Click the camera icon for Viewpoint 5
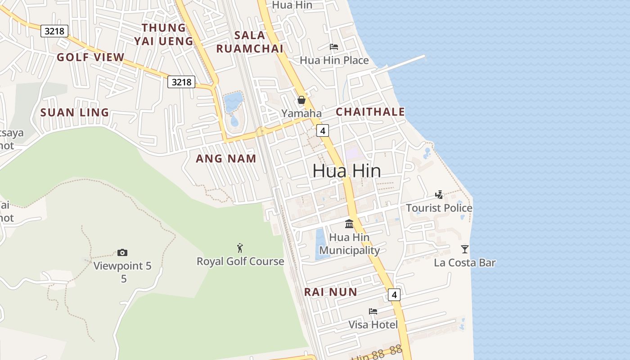tap(122, 253)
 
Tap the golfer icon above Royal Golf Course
tap(240, 248)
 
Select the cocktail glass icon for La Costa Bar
tap(465, 249)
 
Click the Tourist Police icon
tap(439, 195)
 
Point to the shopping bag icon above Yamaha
tap(301, 100)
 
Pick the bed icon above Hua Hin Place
tap(334, 46)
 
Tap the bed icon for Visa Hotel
tap(373, 311)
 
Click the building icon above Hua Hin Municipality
tap(349, 224)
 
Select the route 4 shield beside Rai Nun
tap(394, 295)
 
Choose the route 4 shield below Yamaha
tap(323, 130)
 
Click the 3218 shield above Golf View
tap(54, 31)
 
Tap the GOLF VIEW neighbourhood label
tap(90, 57)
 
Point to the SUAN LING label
tap(75, 112)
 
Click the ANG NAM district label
tap(226, 158)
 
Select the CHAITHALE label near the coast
tap(370, 112)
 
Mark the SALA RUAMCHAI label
tap(250, 42)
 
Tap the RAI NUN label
tap(330, 292)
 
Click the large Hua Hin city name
tap(346, 171)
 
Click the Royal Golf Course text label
tap(240, 261)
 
